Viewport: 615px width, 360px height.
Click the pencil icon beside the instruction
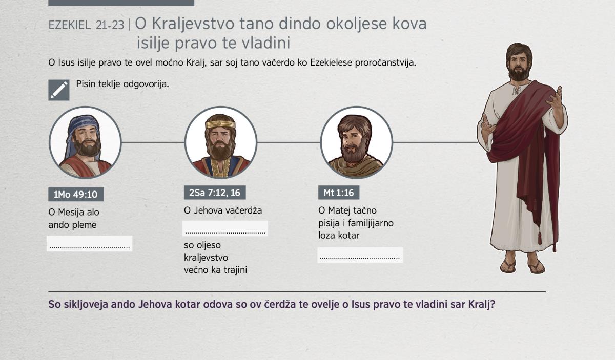coord(59,90)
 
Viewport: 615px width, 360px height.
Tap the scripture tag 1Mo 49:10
coord(76,194)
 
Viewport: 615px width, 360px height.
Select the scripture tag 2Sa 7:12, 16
coord(215,193)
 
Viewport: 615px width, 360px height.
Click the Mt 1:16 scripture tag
coord(339,193)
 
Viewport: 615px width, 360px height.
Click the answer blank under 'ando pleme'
coord(90,243)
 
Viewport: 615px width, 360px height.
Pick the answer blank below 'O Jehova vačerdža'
coord(225,228)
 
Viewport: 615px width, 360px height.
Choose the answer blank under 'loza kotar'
coord(360,255)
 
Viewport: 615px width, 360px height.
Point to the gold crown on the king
coord(220,124)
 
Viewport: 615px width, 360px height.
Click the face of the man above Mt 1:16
coord(353,141)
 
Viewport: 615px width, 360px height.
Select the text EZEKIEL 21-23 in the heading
coord(86,25)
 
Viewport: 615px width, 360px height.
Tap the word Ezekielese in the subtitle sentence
coord(331,62)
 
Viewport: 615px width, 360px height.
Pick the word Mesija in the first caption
coord(71,212)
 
